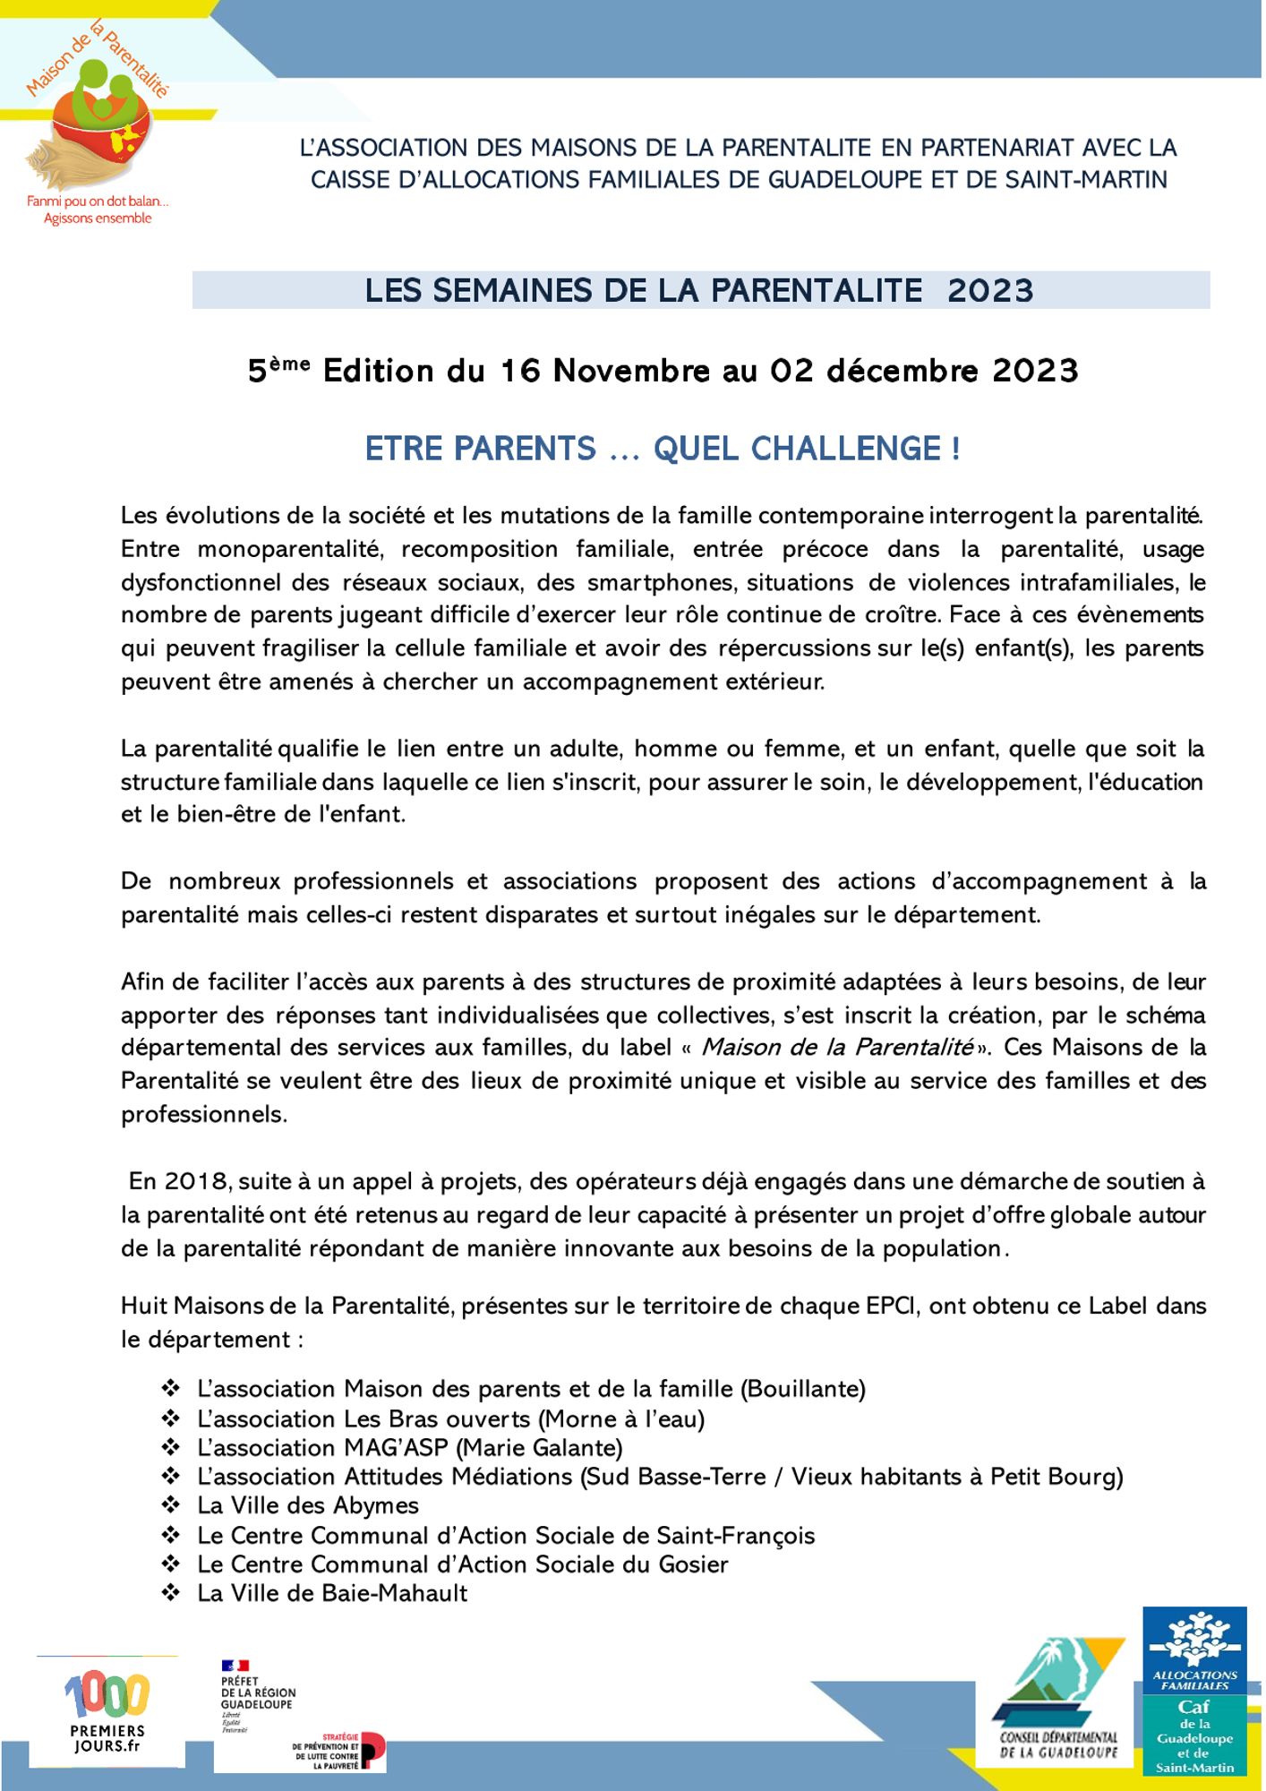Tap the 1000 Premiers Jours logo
click(x=107, y=1711)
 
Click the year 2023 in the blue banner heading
click(x=990, y=291)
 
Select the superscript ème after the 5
click(x=290, y=363)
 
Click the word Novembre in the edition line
click(x=631, y=371)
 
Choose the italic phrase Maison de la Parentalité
click(x=837, y=1047)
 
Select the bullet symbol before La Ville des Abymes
click(x=171, y=1505)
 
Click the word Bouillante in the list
click(x=803, y=1389)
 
